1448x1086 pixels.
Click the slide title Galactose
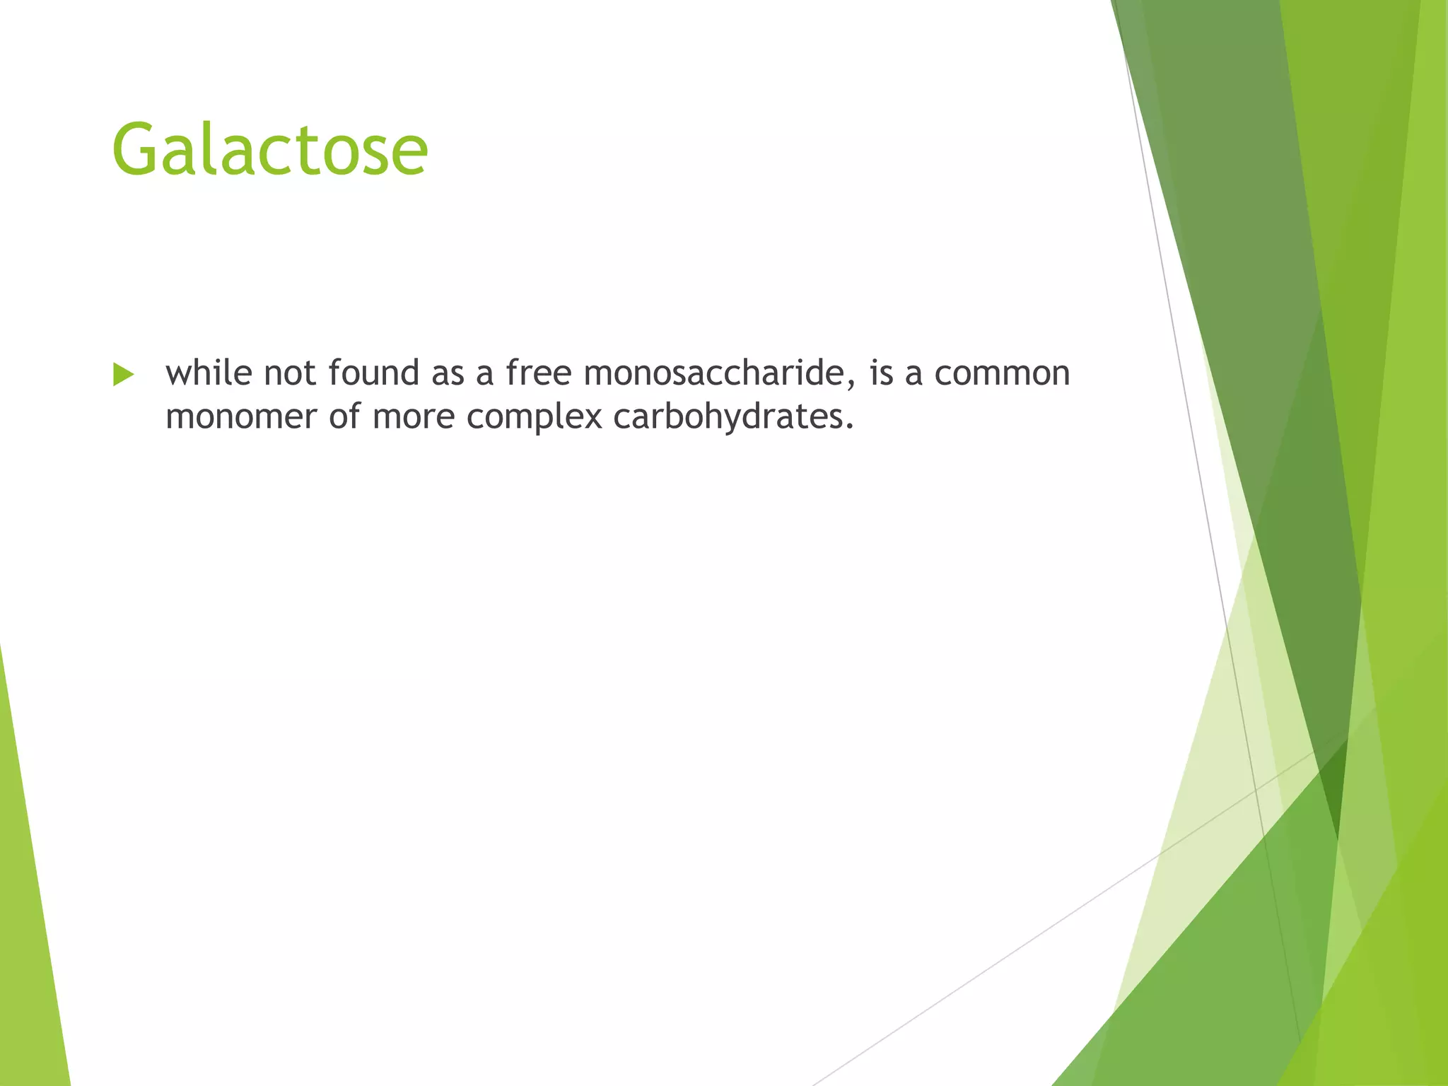click(x=269, y=150)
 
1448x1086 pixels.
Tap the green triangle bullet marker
click(x=122, y=375)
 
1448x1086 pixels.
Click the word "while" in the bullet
click(x=209, y=373)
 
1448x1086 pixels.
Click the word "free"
click(x=538, y=373)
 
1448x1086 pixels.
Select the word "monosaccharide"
click(x=713, y=373)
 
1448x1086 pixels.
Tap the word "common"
click(x=1002, y=373)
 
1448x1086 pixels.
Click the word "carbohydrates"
click(x=728, y=416)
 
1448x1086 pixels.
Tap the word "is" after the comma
click(x=881, y=373)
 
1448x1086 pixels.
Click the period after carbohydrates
click(x=850, y=427)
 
